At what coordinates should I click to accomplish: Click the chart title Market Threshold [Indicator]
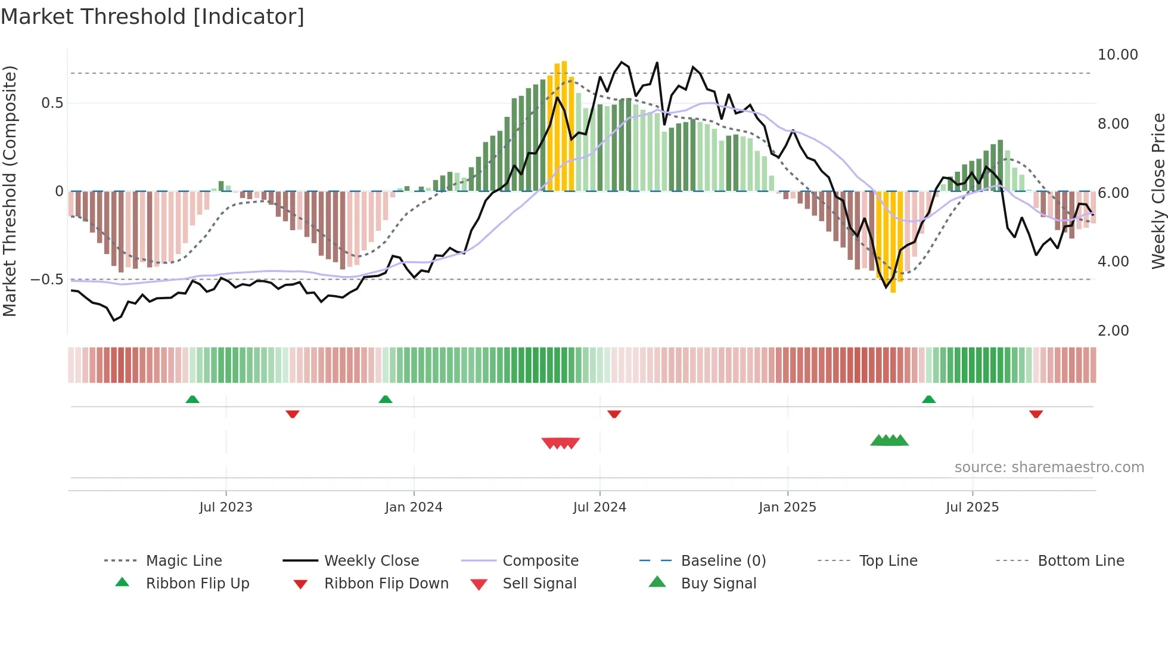point(153,17)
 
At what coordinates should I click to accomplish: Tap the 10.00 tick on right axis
point(1117,55)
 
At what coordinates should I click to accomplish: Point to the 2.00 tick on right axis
point(1113,331)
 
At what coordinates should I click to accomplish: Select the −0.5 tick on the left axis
point(46,280)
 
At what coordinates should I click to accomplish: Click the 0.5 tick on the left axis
point(52,103)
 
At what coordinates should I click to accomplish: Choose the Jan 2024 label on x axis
point(414,507)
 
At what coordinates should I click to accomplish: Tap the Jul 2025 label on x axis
point(972,507)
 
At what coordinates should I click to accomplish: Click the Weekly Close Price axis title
point(1158,191)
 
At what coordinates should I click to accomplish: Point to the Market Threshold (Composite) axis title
point(10,191)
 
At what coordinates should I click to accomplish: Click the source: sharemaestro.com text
point(1049,467)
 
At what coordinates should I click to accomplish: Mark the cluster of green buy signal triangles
point(889,441)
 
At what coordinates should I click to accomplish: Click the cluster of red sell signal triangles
point(560,443)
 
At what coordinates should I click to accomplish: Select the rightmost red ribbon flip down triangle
point(1036,414)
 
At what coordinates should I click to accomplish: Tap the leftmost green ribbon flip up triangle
point(192,399)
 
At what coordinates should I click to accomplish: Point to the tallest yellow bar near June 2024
point(564,125)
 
